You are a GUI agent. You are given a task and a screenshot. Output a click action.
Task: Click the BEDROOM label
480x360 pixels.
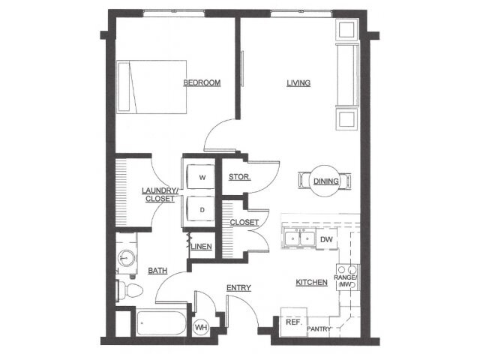click(x=202, y=82)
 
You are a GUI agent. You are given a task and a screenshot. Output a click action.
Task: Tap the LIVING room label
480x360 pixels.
click(x=298, y=82)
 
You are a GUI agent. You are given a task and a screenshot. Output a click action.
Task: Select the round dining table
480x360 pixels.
click(x=325, y=181)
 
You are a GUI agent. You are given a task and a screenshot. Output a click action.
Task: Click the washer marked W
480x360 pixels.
click(x=201, y=177)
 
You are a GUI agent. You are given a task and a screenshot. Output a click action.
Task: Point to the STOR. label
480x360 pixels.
click(x=240, y=177)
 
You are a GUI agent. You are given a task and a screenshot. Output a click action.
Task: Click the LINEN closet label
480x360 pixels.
click(x=201, y=247)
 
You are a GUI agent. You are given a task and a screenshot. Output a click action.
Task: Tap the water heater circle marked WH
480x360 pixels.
click(x=201, y=328)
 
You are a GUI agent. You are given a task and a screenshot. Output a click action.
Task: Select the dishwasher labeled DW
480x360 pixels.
click(x=326, y=239)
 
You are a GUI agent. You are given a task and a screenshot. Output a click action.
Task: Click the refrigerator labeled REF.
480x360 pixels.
click(x=294, y=322)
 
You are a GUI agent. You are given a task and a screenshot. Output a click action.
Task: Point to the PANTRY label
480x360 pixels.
click(x=319, y=329)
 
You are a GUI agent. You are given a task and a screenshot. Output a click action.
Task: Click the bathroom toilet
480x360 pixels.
click(x=130, y=289)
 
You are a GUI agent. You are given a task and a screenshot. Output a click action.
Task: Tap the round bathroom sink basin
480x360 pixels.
click(x=127, y=258)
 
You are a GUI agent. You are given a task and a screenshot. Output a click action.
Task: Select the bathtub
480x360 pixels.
click(x=161, y=323)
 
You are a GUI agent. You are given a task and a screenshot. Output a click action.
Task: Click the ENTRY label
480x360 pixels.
click(x=238, y=288)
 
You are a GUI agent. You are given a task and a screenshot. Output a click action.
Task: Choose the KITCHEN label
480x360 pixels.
click(x=312, y=282)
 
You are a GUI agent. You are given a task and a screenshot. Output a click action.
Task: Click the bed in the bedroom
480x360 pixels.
click(x=151, y=87)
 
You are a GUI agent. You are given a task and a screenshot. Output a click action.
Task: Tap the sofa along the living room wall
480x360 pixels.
click(x=347, y=75)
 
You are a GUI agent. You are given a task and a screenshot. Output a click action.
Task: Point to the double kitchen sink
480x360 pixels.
click(x=300, y=238)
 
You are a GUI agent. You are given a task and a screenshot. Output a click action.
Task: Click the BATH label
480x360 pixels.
click(x=157, y=271)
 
